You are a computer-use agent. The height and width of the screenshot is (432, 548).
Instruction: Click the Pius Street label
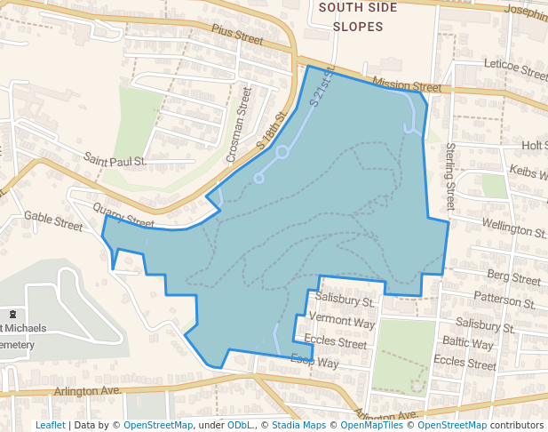point(237,35)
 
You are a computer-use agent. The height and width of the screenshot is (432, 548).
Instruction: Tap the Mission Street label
point(407,85)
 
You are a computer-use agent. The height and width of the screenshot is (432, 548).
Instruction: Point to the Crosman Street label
point(239,124)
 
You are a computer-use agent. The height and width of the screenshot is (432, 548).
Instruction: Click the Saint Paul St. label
point(115,159)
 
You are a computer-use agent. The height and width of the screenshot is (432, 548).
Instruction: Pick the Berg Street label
point(513,278)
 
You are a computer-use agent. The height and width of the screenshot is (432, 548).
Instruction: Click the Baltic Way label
point(468,342)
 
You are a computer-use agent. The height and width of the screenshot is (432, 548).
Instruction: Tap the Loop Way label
point(314,362)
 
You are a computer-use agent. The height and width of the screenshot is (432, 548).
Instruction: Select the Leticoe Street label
point(515,68)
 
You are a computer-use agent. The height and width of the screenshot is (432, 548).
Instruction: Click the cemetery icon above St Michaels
point(12,315)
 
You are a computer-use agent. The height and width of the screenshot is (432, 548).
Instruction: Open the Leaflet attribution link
point(50,425)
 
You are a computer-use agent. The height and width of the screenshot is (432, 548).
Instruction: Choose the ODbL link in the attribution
point(240,425)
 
